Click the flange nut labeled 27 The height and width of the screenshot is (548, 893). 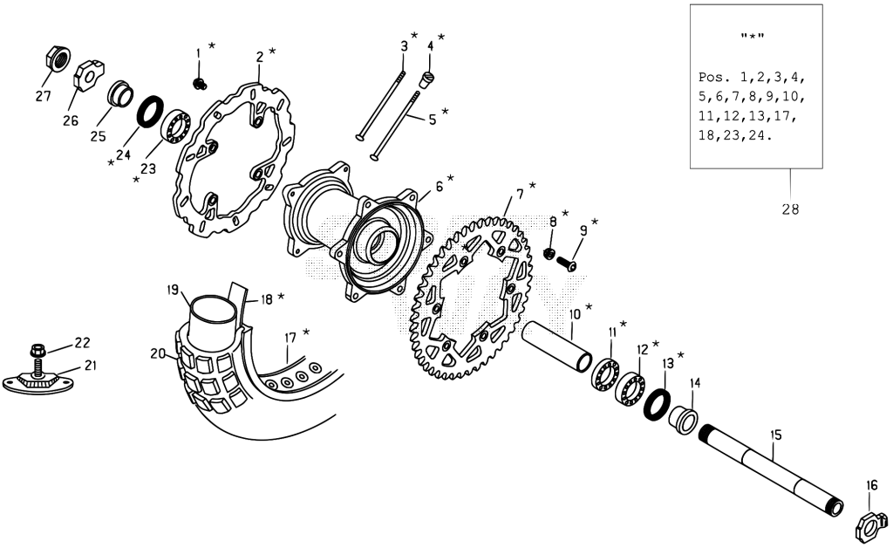click(x=58, y=58)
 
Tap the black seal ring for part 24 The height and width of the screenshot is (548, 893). click(x=149, y=112)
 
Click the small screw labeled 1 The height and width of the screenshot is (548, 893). click(x=200, y=84)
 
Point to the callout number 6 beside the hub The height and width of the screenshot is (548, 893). click(x=440, y=186)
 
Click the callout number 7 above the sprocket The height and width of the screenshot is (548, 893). click(x=520, y=194)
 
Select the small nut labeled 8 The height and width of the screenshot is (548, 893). click(x=549, y=253)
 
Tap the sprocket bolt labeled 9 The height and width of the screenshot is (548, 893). click(x=566, y=264)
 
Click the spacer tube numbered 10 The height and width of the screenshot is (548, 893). click(x=557, y=346)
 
